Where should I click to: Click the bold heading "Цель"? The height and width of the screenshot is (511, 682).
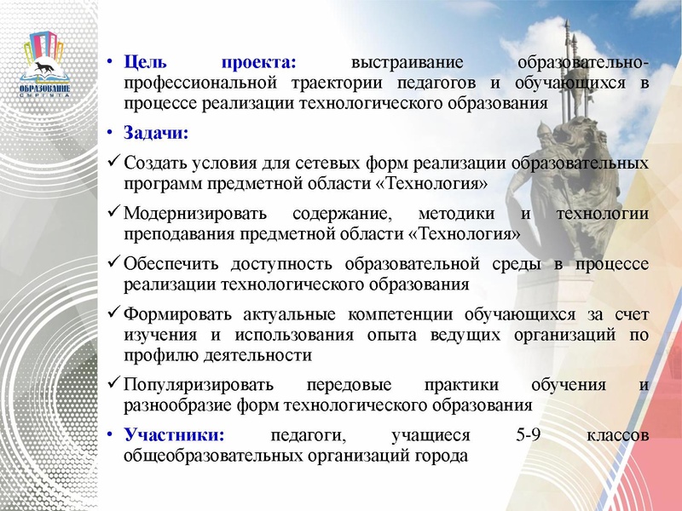(x=144, y=64)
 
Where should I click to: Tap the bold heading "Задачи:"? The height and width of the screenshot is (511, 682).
(x=156, y=134)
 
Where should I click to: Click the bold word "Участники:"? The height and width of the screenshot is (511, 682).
(x=175, y=435)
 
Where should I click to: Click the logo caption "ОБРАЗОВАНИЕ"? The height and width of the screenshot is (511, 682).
(x=45, y=88)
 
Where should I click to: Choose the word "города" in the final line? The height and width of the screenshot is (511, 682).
(x=442, y=456)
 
